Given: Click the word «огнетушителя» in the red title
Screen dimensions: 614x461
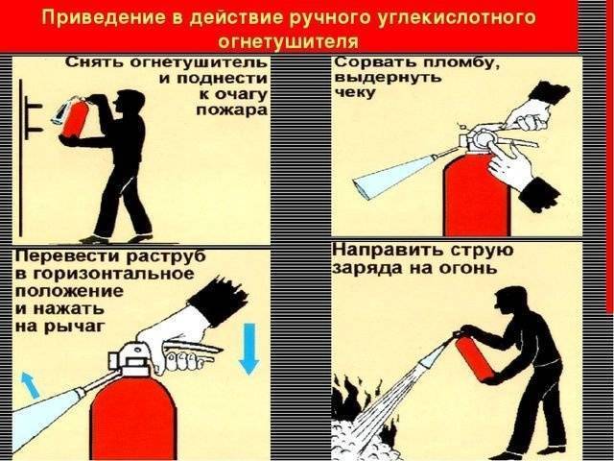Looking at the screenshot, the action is [288, 41].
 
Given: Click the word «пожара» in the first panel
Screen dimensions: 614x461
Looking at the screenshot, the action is [231, 109].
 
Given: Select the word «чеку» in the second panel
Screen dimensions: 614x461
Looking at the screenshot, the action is [355, 92].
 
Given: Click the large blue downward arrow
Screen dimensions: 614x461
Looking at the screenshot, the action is [249, 349].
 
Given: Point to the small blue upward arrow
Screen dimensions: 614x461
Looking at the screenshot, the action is [31, 384].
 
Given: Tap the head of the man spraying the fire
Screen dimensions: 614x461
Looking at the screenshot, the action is [510, 300].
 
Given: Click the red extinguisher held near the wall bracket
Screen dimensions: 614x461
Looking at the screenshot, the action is [77, 119].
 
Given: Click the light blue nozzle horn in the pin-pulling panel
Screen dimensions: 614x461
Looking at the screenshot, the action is [391, 177].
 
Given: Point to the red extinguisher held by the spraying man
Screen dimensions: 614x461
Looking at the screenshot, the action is [474, 359].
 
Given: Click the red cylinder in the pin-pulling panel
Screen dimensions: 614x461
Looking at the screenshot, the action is [477, 196].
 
